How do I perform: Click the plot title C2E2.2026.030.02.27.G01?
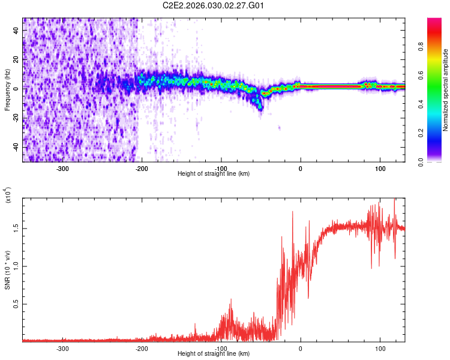pos(214,6)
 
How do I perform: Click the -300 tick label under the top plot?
pos(62,168)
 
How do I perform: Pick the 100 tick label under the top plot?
pos(380,168)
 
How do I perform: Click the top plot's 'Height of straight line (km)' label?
pos(214,173)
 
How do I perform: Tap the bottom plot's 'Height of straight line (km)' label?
pos(214,353)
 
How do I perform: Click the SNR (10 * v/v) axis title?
pos(7,270)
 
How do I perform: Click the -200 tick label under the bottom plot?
pos(142,348)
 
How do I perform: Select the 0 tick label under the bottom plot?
pos(301,348)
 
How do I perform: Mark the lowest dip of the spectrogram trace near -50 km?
pos(260,109)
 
